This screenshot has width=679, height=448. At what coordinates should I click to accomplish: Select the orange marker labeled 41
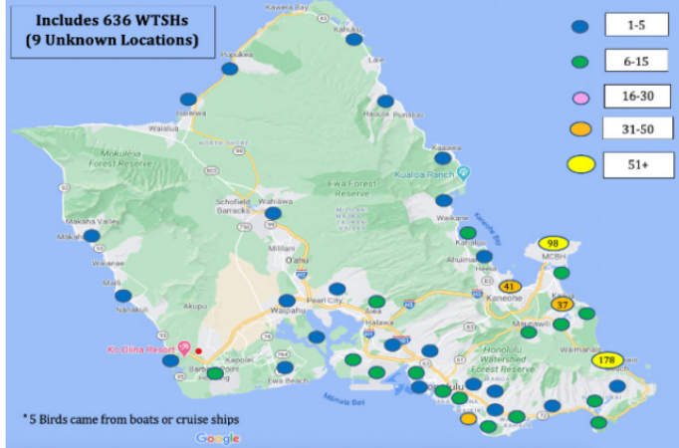(x=510, y=287)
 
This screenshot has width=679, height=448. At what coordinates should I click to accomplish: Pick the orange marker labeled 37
(x=564, y=305)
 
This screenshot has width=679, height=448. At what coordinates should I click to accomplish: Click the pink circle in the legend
(x=580, y=98)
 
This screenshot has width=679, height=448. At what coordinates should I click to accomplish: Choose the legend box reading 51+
(x=639, y=164)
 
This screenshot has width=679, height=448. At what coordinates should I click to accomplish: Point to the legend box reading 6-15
(x=639, y=63)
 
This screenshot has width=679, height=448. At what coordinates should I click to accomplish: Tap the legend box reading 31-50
(x=639, y=130)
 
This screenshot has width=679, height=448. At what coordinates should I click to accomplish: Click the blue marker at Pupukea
(x=230, y=69)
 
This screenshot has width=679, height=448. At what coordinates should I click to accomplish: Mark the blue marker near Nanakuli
(x=123, y=296)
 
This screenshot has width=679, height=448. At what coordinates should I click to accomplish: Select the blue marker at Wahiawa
(x=273, y=212)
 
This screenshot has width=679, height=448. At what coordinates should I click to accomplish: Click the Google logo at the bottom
(x=217, y=438)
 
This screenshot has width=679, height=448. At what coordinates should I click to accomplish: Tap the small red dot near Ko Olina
(x=199, y=351)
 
